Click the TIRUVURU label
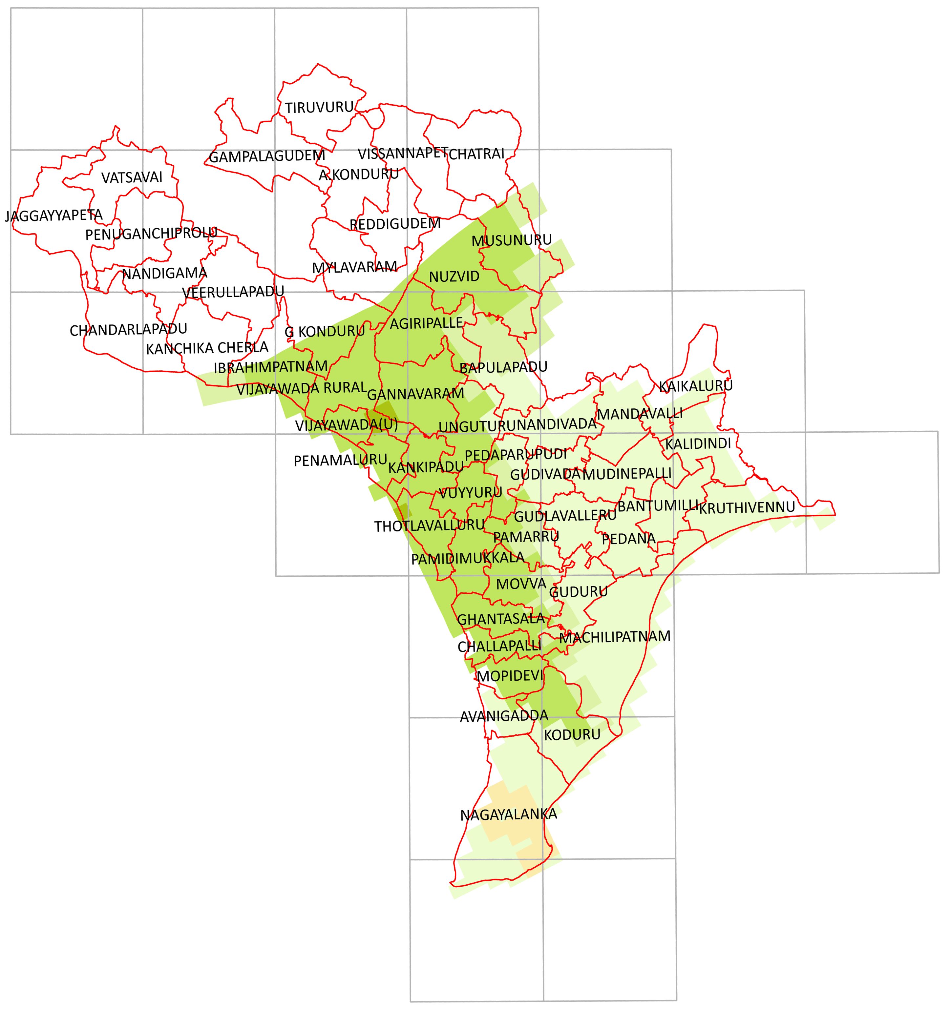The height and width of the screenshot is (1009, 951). coord(319,108)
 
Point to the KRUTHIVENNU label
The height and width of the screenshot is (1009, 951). coord(746,507)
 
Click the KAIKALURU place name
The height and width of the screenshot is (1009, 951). coord(696,386)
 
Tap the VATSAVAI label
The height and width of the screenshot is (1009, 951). coord(132,178)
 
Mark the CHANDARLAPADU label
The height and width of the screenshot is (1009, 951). coord(128,330)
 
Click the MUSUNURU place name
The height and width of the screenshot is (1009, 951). coord(511,240)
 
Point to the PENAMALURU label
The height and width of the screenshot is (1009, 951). coord(340,460)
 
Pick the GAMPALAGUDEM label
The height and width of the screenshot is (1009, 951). coord(267,156)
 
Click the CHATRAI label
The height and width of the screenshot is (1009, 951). coord(476,154)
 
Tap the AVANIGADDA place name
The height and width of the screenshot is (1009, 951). coord(504,716)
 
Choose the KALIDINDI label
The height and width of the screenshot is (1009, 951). coord(698,443)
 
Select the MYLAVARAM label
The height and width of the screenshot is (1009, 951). coord(354,267)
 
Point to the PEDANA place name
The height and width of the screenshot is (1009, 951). coord(628,539)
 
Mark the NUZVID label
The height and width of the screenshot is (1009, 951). coord(454,277)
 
